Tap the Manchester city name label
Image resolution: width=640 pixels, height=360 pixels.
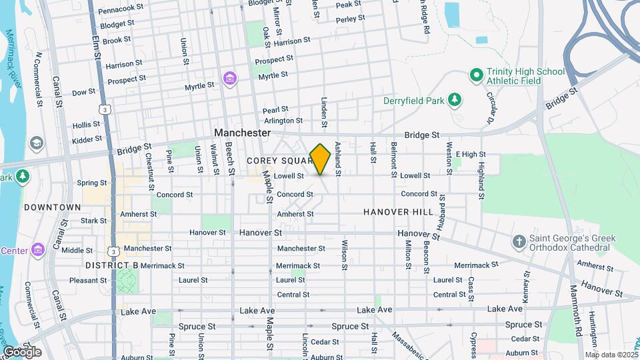[x=243, y=133]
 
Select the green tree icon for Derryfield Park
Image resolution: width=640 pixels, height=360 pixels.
[x=455, y=100]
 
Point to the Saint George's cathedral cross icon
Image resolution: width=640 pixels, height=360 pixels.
[x=519, y=241]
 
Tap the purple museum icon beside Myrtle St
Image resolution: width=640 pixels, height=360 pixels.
[x=229, y=79]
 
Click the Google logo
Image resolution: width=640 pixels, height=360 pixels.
[x=22, y=351]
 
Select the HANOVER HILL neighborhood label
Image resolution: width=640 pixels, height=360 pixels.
[x=398, y=212]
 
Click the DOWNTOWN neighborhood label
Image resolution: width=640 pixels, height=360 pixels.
[x=52, y=207]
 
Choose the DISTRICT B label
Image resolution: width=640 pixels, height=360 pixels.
[x=111, y=265]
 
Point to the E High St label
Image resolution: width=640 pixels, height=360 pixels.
[x=470, y=154]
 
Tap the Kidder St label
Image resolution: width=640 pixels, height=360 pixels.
[x=87, y=139]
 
